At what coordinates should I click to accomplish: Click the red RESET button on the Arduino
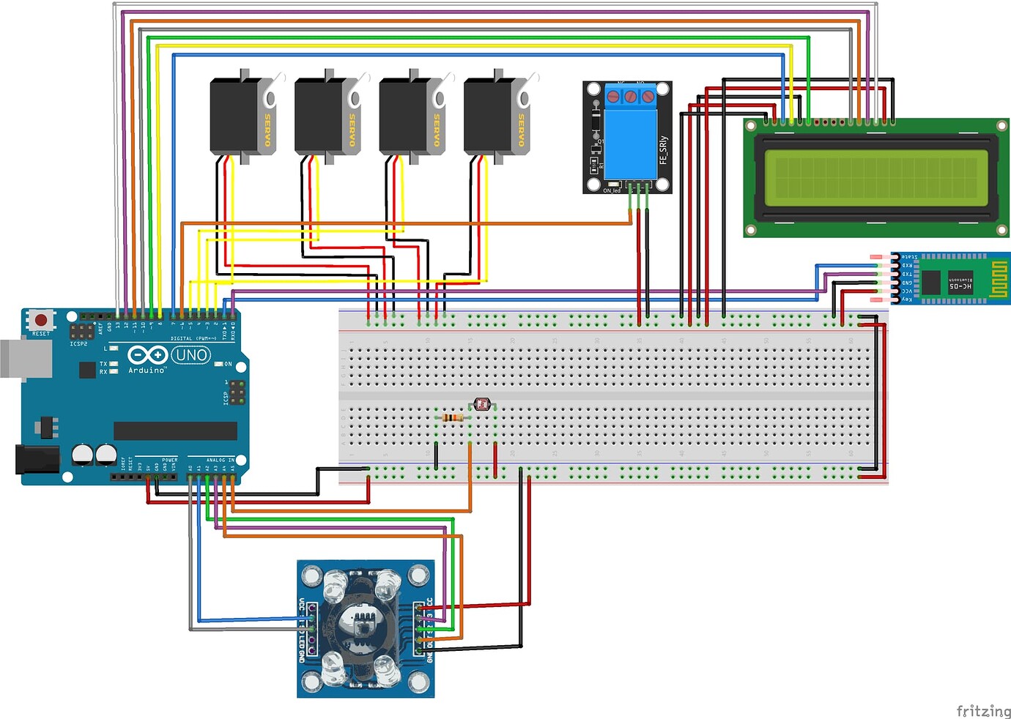point(41,320)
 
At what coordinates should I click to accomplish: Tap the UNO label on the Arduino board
point(191,355)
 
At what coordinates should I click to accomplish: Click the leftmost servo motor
point(234,117)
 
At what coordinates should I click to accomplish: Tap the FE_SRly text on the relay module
point(663,149)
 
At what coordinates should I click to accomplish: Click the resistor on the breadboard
point(453,417)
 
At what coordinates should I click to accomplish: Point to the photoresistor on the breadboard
point(481,403)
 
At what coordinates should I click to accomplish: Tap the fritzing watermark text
point(983,710)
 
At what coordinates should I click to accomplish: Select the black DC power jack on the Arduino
point(37,459)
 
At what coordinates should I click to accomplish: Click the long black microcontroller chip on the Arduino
point(175,431)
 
